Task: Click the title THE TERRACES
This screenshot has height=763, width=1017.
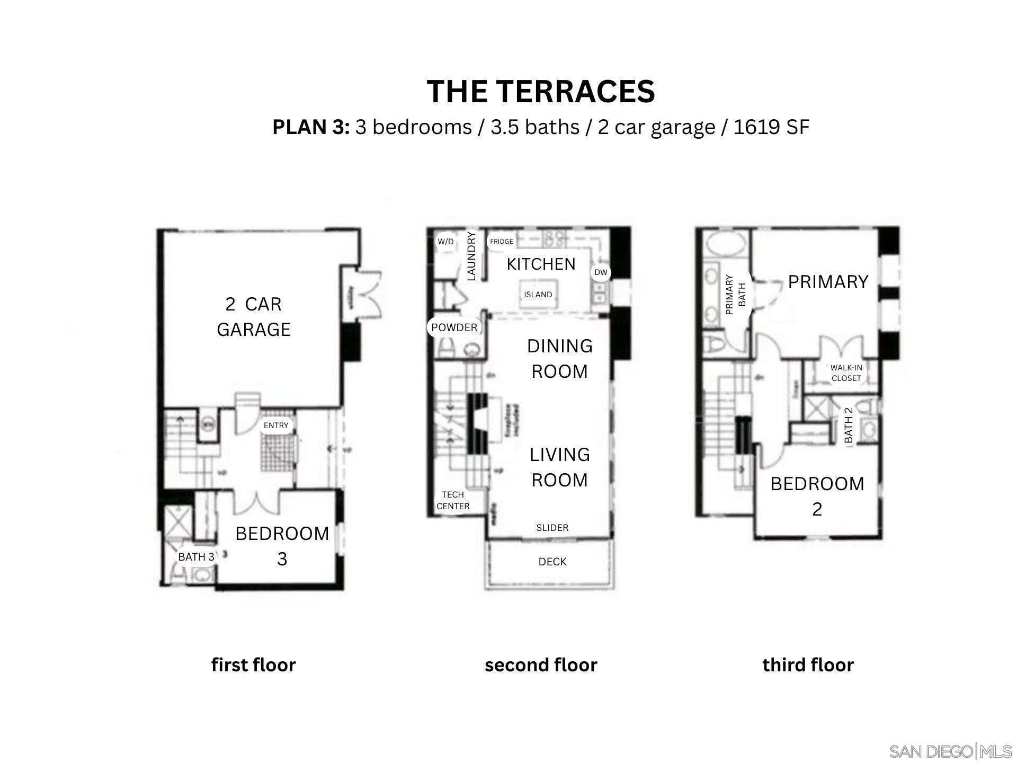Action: click(541, 91)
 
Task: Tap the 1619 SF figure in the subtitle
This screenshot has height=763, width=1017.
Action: click(771, 127)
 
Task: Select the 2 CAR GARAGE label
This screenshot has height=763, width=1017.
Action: click(254, 317)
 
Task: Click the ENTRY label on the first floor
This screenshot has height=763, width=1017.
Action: click(276, 425)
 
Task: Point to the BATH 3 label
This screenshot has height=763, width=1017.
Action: click(196, 557)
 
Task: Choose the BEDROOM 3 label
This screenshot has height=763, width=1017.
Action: click(282, 546)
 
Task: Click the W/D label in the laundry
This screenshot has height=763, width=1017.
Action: click(445, 242)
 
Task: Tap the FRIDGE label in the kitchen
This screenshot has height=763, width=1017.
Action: click(501, 242)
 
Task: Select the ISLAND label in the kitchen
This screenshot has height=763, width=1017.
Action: click(538, 295)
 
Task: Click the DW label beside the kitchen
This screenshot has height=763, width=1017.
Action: click(601, 272)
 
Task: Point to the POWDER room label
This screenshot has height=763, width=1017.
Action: click(454, 327)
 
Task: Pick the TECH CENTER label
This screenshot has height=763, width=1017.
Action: click(453, 500)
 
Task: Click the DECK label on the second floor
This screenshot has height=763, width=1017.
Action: click(552, 562)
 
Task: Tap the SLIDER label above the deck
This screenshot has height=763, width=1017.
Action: click(552, 528)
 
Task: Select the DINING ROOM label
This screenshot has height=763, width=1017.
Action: click(560, 359)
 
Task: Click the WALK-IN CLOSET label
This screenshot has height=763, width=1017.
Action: click(846, 372)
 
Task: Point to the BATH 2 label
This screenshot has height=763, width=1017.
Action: click(849, 425)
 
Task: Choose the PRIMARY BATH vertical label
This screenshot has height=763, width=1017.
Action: click(735, 295)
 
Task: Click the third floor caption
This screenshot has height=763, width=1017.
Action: click(808, 665)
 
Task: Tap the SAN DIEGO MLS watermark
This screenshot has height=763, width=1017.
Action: click(950, 751)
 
